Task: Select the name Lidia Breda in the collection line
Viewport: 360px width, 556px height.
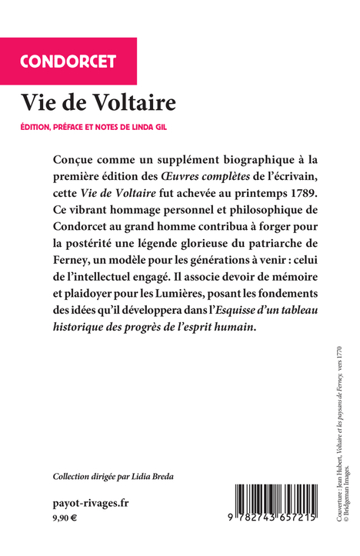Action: point(152,477)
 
